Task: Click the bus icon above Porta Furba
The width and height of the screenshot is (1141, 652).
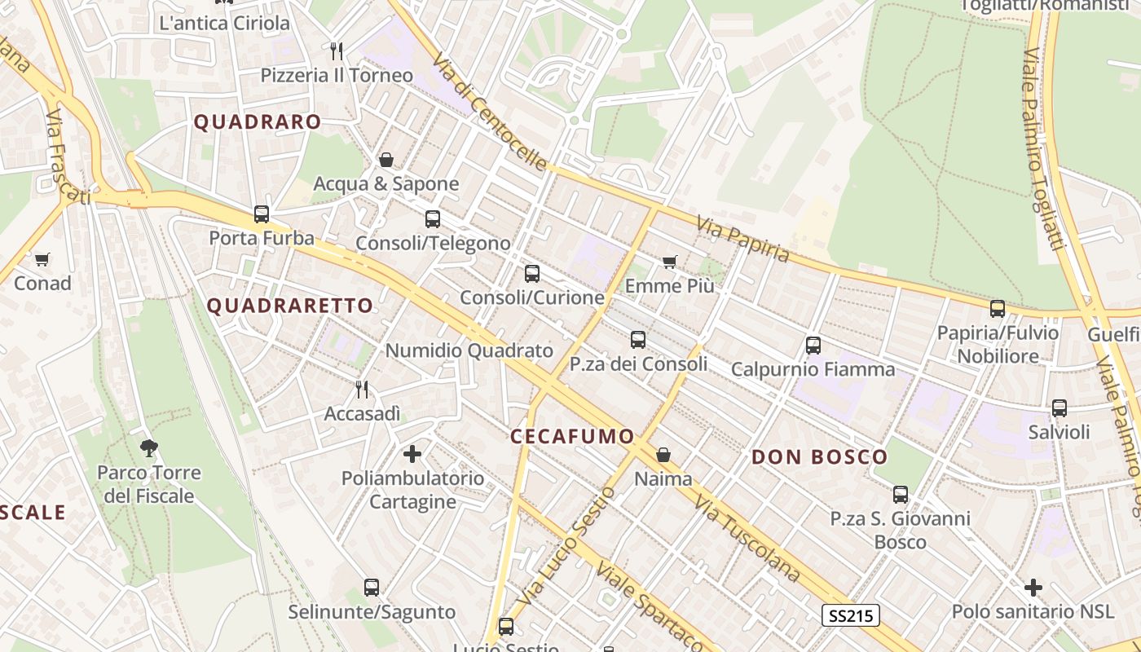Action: [262, 214]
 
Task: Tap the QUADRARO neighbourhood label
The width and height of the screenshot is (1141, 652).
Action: [258, 122]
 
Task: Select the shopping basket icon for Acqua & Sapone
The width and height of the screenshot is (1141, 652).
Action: [386, 160]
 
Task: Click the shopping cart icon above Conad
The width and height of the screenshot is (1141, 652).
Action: [42, 259]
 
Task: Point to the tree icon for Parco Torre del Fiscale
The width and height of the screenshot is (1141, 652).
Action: [148, 447]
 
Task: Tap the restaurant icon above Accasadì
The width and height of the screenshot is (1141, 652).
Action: [363, 390]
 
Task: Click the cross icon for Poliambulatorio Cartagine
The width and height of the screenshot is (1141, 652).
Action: [412, 453]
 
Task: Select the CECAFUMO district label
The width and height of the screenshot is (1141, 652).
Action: [572, 436]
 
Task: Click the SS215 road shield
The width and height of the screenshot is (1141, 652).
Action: [850, 615]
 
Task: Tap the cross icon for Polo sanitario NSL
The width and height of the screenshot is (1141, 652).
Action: [1033, 587]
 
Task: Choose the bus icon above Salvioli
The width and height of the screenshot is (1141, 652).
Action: [1059, 408]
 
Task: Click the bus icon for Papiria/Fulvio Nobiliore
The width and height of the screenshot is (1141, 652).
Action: [998, 309]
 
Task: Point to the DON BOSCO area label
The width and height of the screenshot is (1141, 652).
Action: [819, 457]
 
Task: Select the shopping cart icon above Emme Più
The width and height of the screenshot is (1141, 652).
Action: [670, 262]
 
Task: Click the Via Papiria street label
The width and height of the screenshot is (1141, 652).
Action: [742, 239]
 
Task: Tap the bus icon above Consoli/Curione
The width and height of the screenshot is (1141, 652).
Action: [532, 274]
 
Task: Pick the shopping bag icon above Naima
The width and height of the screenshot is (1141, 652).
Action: [663, 455]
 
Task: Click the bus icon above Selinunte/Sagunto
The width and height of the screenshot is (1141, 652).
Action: [372, 588]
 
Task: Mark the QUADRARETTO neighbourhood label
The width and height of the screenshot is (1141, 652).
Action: [290, 306]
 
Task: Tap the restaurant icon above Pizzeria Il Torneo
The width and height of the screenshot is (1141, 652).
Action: [337, 51]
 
